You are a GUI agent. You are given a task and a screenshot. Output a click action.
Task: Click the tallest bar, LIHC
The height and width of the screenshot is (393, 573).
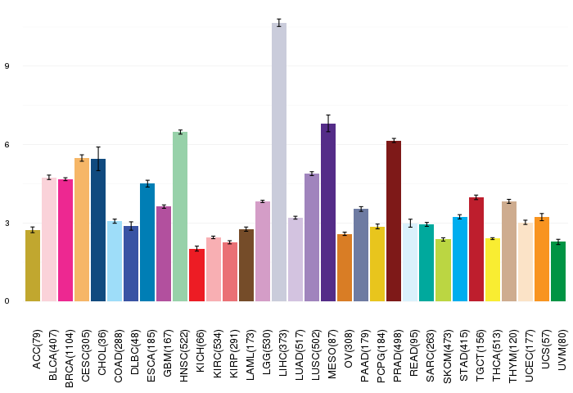[279, 162]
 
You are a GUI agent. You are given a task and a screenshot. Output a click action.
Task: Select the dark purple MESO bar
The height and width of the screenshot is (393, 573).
[328, 212]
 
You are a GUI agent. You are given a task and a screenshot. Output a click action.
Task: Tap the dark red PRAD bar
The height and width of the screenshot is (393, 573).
[394, 221]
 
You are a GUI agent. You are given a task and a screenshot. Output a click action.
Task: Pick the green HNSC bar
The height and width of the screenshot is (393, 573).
[180, 217]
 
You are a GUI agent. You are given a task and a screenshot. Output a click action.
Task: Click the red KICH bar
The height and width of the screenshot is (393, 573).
[196, 275]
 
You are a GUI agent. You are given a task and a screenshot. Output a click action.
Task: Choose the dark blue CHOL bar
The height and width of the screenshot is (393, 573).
[98, 230]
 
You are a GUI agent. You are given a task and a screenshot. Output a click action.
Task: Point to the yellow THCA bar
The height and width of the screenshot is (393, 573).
[492, 270]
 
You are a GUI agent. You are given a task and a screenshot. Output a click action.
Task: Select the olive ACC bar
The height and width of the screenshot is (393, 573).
[33, 266]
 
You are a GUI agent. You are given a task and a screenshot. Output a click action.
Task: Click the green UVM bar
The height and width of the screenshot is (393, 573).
[558, 272]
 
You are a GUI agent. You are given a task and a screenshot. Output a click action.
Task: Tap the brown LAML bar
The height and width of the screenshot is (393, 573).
[246, 265]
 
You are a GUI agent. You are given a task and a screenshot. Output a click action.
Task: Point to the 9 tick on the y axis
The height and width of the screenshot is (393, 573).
[7, 66]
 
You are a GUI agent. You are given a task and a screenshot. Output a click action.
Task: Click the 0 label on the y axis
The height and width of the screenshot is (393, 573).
[7, 301]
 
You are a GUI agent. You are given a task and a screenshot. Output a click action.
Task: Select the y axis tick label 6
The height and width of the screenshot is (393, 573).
[7, 145]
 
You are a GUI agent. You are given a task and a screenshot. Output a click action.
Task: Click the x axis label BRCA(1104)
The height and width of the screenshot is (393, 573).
[69, 359]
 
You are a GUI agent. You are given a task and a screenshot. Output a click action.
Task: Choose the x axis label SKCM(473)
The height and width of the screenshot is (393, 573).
[447, 356]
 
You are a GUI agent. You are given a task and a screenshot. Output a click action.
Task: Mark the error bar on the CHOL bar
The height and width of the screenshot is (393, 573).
[98, 159]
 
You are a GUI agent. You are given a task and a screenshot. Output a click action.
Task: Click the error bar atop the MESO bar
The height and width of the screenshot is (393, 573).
[328, 123]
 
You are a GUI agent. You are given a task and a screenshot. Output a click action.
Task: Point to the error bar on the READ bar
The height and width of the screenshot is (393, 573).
[410, 223]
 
